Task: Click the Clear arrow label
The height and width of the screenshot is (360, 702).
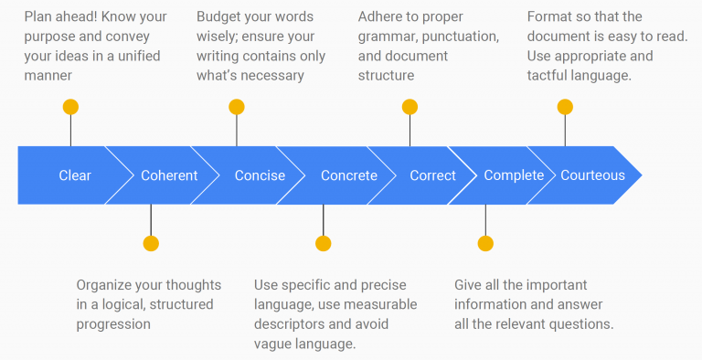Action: [75, 175]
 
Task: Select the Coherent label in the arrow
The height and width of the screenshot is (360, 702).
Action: [169, 175]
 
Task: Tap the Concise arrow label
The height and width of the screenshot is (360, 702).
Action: [260, 175]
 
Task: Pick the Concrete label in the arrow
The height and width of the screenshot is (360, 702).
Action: [348, 175]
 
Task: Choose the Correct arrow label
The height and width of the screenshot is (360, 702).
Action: [432, 175]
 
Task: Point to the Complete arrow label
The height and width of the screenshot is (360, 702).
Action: [514, 175]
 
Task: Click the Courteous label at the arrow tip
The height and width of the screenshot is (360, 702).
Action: [592, 175]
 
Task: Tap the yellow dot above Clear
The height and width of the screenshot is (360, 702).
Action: [70, 107]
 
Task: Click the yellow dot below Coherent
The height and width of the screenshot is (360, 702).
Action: [151, 243]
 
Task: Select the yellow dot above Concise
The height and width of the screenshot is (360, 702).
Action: [237, 107]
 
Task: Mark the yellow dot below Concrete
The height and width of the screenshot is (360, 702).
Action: [323, 243]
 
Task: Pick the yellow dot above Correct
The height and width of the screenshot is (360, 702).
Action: [409, 107]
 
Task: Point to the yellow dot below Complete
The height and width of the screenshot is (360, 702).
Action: [485, 243]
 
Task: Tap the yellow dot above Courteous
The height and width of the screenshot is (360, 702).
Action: [565, 107]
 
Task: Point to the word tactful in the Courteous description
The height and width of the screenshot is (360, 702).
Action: [551, 76]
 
